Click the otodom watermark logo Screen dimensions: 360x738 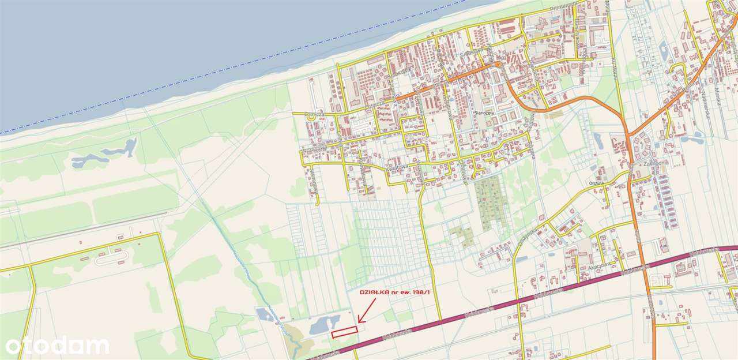(x=57, y=346)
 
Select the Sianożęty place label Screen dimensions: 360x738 (x=485, y=113)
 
